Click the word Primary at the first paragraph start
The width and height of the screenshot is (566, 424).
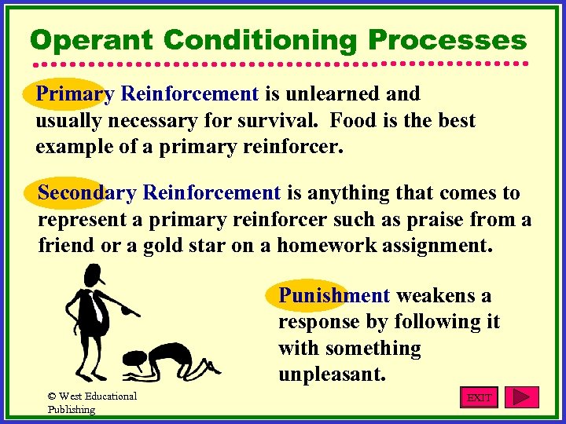click(x=75, y=94)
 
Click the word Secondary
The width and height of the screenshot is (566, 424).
click(x=88, y=192)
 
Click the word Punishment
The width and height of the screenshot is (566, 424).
click(x=334, y=296)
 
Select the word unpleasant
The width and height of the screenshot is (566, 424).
click(x=332, y=375)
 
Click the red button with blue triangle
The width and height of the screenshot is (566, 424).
click(x=521, y=397)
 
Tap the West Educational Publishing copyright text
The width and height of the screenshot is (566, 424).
click(x=91, y=402)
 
